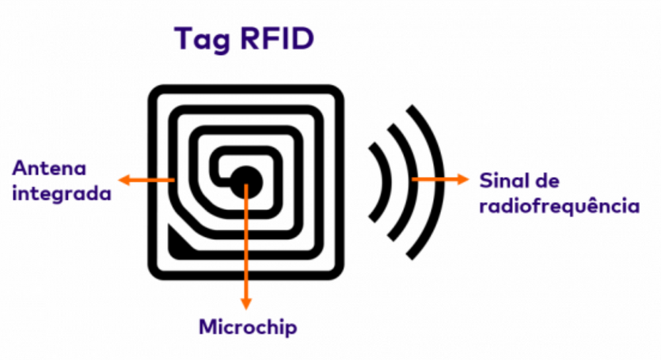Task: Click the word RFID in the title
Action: [278, 40]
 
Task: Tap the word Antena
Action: [49, 168]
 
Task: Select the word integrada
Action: [61, 196]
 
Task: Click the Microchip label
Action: [249, 327]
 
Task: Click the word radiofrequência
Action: [559, 206]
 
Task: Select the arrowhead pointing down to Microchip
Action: [247, 303]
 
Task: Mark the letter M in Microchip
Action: [208, 327]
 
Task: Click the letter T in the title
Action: [185, 40]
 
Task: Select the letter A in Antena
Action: [19, 168]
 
